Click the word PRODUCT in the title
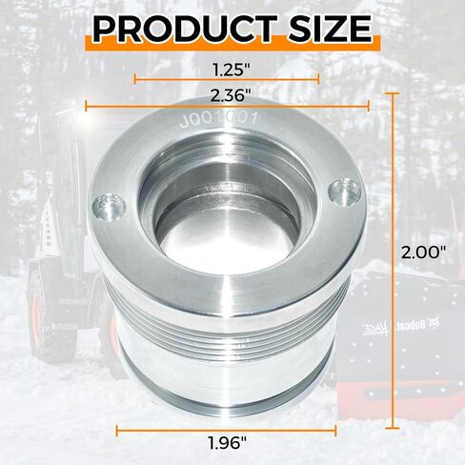click(x=185, y=29)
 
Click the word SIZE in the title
click(x=330, y=29)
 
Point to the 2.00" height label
click(x=424, y=253)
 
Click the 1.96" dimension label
click(x=228, y=442)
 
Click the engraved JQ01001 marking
click(x=218, y=120)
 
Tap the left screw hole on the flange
click(x=109, y=209)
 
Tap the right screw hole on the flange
click(x=344, y=192)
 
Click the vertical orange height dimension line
click(x=394, y=261)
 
